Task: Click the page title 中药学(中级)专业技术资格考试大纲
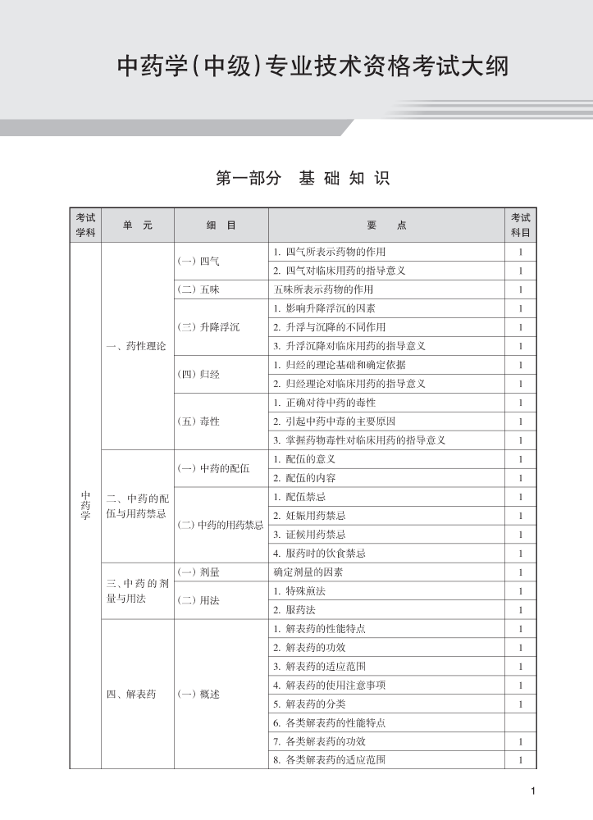click(x=312, y=66)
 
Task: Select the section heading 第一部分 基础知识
click(x=302, y=178)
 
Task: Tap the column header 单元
click(x=137, y=225)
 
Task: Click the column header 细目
click(x=221, y=225)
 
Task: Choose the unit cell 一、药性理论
click(x=136, y=346)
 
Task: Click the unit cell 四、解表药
click(x=131, y=694)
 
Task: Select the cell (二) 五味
click(x=198, y=289)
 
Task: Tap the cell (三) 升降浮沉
click(x=209, y=327)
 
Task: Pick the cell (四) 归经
click(x=198, y=374)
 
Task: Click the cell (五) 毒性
click(x=198, y=421)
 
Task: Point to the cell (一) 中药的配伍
click(x=213, y=468)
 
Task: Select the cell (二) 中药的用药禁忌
click(x=221, y=525)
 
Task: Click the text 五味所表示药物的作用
click(x=323, y=289)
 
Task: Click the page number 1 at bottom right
click(x=533, y=790)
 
